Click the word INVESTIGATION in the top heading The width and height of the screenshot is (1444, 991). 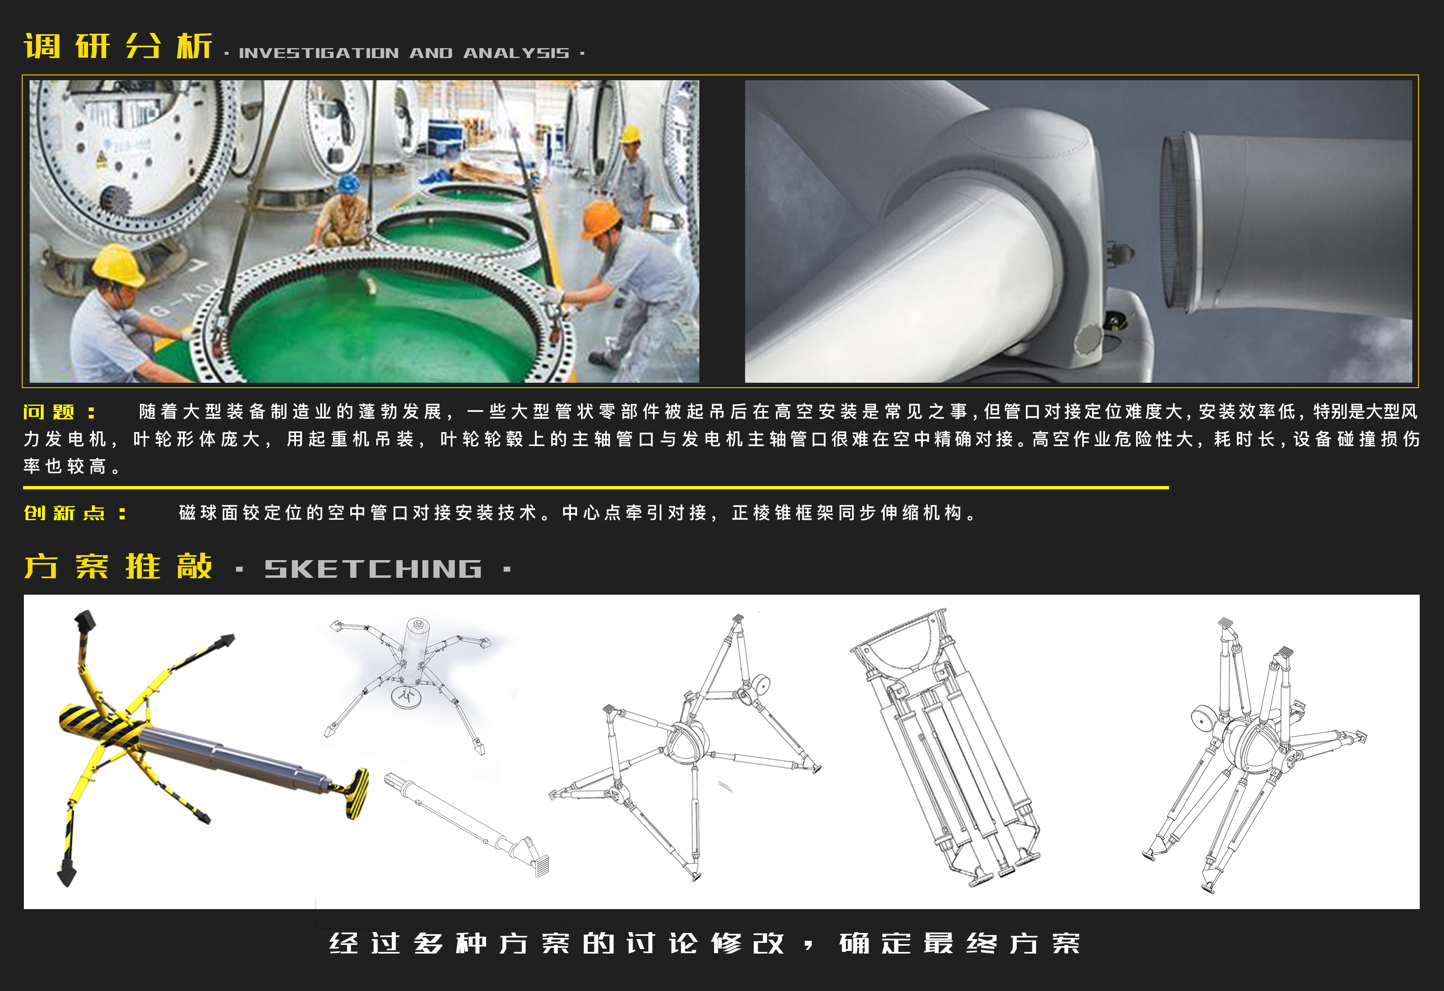tap(319, 54)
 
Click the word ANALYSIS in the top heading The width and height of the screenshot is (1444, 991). tap(516, 54)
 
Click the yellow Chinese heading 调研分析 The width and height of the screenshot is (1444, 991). tap(118, 46)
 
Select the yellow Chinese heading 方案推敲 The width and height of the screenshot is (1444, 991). tap(118, 567)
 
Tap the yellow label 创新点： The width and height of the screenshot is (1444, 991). tap(75, 513)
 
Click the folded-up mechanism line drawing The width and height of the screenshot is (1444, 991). tap(944, 746)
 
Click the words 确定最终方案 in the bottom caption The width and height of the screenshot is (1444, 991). tap(960, 943)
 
